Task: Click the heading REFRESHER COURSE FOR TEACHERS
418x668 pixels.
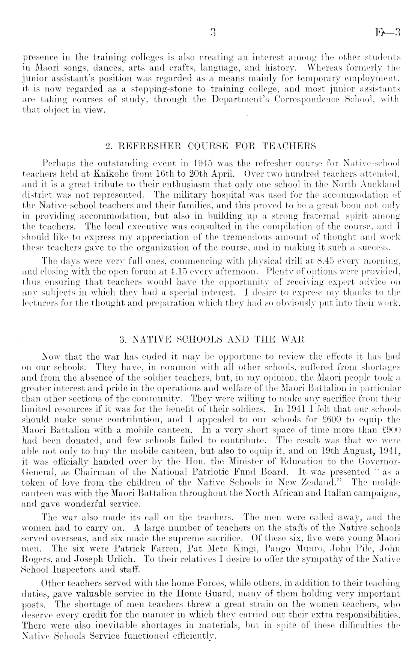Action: click(211, 145)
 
